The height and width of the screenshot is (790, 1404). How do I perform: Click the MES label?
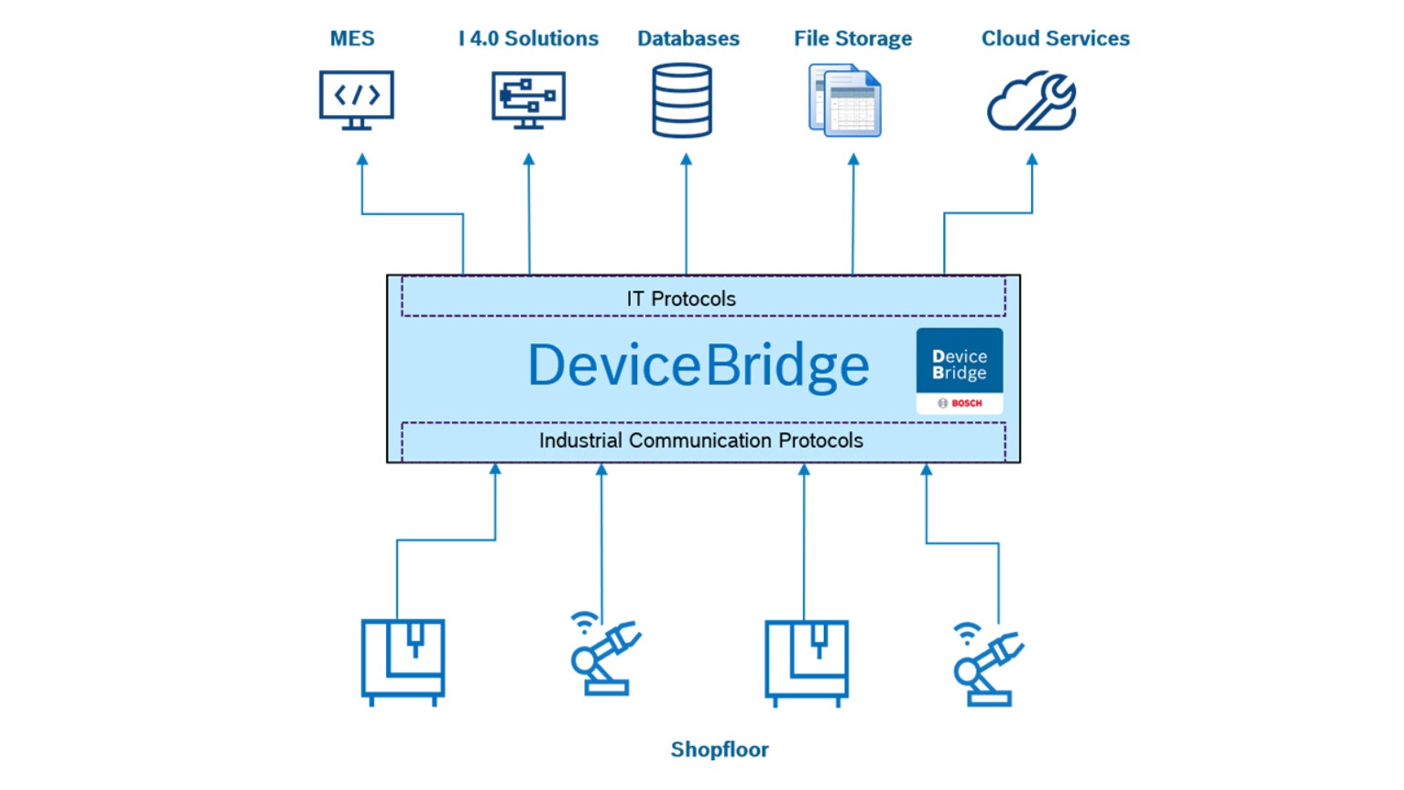click(352, 39)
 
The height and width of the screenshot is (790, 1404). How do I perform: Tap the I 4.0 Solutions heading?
click(528, 39)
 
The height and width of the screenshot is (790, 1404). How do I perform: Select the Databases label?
click(688, 39)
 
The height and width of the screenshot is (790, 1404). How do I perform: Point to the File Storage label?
click(853, 39)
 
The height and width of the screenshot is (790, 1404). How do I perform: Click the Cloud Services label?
click(1056, 39)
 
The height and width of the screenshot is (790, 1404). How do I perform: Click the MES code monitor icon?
click(356, 100)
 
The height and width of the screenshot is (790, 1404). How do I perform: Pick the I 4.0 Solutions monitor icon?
click(528, 100)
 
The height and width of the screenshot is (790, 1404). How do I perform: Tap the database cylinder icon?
click(682, 100)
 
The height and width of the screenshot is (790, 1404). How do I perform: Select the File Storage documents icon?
click(845, 100)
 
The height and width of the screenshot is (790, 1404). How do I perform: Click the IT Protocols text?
click(681, 299)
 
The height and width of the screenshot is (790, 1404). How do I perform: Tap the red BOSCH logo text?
click(966, 403)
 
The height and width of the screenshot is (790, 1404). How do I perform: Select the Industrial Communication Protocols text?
click(701, 441)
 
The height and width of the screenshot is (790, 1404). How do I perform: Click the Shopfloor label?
click(720, 750)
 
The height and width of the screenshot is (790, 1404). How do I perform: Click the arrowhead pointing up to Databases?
click(686, 159)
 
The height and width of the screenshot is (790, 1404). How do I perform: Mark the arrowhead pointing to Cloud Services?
click(1032, 159)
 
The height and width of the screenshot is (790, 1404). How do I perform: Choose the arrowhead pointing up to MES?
click(362, 159)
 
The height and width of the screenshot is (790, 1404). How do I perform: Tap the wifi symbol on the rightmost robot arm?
click(967, 633)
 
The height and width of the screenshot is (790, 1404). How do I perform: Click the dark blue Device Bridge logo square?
click(959, 361)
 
